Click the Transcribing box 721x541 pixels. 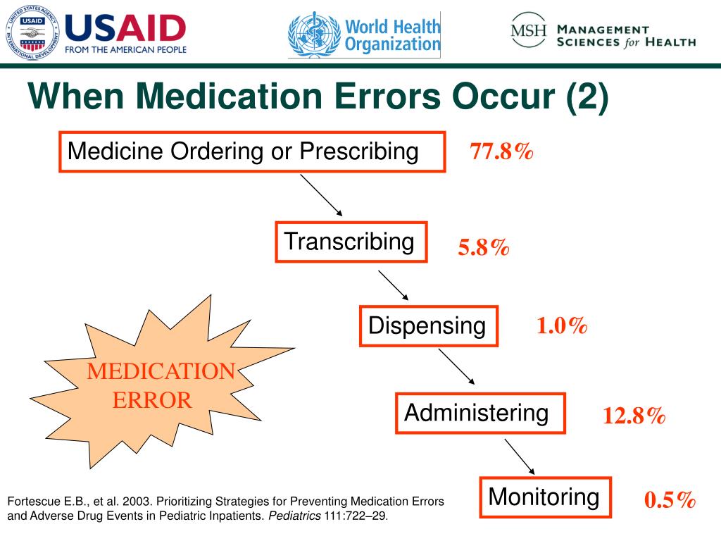pyautogui.click(x=350, y=242)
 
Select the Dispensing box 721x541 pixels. pyautogui.click(x=428, y=326)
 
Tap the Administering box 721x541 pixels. pyautogui.click(x=479, y=413)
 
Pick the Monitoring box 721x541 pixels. pyautogui.click(x=545, y=497)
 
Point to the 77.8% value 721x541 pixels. pyautogui.click(x=501, y=151)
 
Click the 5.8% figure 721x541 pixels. pyautogui.click(x=483, y=247)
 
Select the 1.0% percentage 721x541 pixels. pyautogui.click(x=561, y=325)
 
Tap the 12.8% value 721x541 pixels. pyautogui.click(x=634, y=416)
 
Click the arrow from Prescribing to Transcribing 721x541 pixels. pyautogui.click(x=321, y=195)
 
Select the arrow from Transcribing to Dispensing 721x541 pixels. pyautogui.click(x=393, y=285)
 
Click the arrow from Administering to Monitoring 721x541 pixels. pyautogui.click(x=520, y=456)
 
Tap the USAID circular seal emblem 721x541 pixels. pyautogui.click(x=32, y=31)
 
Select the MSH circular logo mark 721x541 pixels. pyautogui.click(x=529, y=32)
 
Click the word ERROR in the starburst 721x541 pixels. pyautogui.click(x=153, y=400)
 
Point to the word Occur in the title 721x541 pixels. pyautogui.click(x=508, y=97)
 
